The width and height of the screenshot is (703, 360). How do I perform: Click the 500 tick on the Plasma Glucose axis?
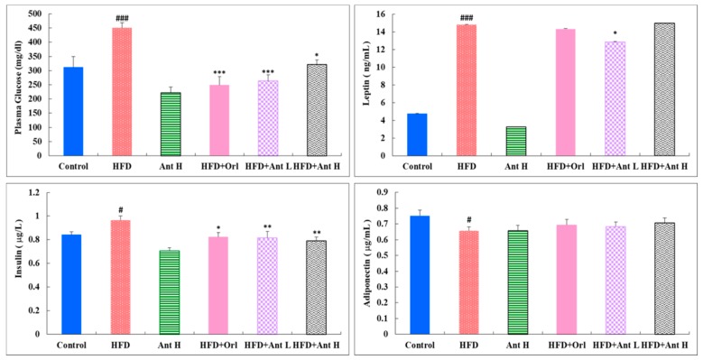(35, 14)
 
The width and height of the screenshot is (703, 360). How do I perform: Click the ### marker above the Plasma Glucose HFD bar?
(120, 17)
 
